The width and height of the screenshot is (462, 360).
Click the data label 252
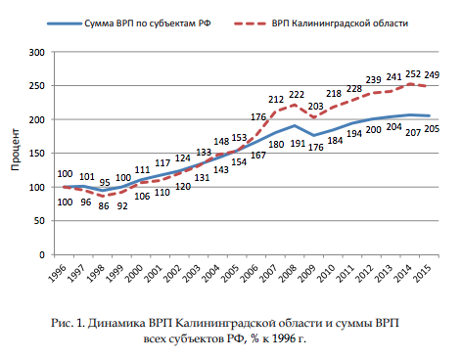click(x=415, y=73)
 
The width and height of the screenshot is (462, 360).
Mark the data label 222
click(x=296, y=95)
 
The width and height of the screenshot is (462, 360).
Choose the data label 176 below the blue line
click(x=316, y=148)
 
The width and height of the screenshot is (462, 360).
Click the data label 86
click(x=104, y=207)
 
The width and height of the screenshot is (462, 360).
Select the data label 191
click(x=297, y=144)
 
